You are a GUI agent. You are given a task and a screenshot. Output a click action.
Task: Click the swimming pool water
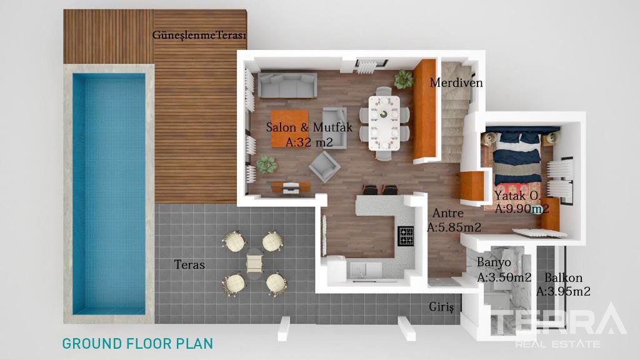pyautogui.click(x=109, y=194)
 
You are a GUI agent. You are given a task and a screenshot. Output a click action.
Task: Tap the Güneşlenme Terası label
pyautogui.click(x=199, y=35)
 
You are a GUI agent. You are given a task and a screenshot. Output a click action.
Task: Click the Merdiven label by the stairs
pyautogui.click(x=456, y=83)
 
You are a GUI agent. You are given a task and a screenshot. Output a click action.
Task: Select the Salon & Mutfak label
pyautogui.click(x=309, y=127)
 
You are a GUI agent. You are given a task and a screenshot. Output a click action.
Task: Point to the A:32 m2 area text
pyautogui.click(x=309, y=142)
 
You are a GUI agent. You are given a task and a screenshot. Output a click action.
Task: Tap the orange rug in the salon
pyautogui.click(x=290, y=129)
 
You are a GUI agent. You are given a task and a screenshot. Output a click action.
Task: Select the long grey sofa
pyautogui.click(x=287, y=85)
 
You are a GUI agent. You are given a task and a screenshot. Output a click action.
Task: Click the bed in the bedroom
pyautogui.click(x=517, y=157)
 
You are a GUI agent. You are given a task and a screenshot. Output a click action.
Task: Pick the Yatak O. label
pyautogui.click(x=517, y=196)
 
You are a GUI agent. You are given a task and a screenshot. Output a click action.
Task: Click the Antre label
pyautogui.click(x=447, y=213)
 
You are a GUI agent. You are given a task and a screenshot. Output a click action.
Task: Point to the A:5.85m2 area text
pyautogui.click(x=454, y=227)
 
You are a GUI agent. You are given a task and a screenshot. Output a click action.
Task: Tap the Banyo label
pyautogui.click(x=494, y=262)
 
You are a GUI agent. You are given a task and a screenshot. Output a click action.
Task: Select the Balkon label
pyautogui.click(x=563, y=278)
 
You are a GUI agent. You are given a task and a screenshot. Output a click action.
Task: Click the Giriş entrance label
pyautogui.click(x=441, y=307)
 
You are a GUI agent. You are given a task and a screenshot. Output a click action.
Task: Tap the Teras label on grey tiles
pyautogui.click(x=189, y=264)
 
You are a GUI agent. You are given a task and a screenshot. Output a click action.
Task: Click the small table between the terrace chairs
pyautogui.click(x=254, y=264)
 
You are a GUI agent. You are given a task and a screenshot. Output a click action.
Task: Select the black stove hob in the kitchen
pyautogui.click(x=406, y=236)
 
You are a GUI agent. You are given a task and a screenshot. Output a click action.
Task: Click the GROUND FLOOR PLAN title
pyautogui.click(x=137, y=344)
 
